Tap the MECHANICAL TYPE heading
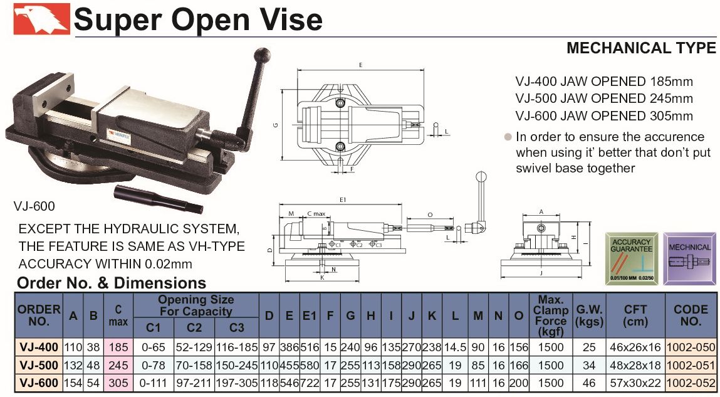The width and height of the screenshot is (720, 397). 640,48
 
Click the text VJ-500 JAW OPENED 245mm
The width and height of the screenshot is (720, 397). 604,98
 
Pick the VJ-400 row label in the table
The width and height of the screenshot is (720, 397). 39,347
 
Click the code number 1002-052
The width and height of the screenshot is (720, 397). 691,383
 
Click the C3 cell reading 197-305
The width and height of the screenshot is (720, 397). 237,383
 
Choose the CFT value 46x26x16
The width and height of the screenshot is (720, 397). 635,347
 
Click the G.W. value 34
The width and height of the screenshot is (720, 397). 588,365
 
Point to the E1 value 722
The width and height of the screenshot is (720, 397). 310,383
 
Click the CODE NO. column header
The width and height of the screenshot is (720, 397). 691,315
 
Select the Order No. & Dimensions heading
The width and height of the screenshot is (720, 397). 112,283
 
